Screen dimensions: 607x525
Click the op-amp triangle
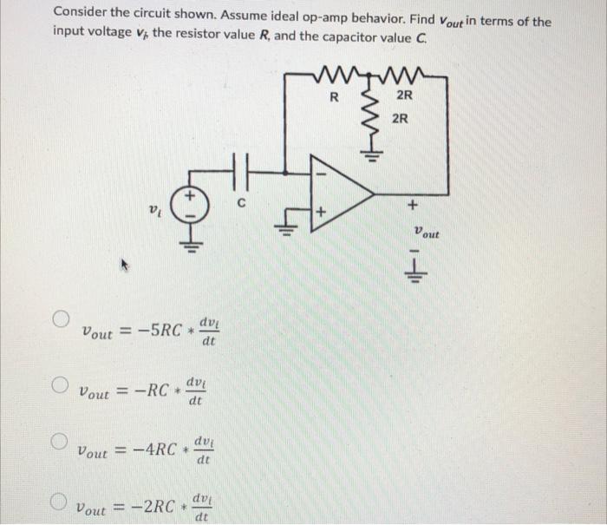pos(339,194)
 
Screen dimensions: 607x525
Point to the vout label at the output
pos(427,233)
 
